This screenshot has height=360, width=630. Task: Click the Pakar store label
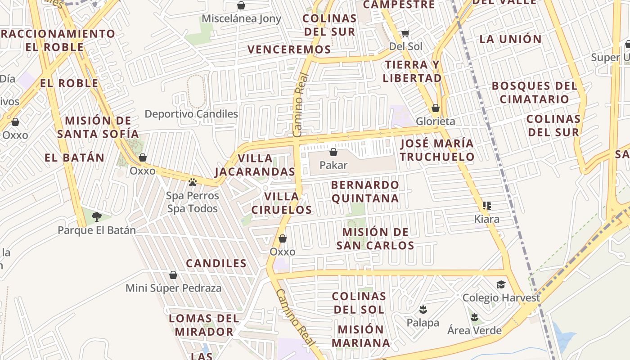333,165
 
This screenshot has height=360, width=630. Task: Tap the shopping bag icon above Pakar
333,153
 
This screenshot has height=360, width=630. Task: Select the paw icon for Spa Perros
193,182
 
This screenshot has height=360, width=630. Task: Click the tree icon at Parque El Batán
96,217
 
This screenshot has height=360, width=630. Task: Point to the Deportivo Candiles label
191,114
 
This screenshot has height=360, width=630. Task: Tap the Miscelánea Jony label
241,18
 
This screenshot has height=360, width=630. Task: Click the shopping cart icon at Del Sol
405,33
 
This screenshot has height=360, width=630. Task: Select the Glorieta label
435,121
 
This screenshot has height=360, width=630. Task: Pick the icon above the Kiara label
486,206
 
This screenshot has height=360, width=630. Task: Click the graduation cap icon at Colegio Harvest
501,284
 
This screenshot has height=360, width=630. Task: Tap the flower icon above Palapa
423,310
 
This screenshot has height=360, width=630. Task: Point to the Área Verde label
474,330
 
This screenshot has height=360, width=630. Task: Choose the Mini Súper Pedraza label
173,288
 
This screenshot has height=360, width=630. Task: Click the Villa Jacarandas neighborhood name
255,165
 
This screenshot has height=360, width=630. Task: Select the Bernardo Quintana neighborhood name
365,192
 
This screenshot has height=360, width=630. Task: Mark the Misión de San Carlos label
375,238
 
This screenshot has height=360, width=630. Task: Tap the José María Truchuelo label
437,150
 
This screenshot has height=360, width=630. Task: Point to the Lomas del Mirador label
204,325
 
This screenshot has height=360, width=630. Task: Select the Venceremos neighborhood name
289,49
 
